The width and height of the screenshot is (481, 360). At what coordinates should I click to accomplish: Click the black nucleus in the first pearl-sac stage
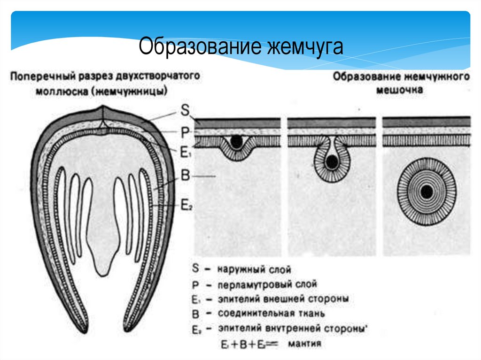tap(237, 141)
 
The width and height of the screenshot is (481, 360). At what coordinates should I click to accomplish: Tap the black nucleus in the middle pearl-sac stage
tap(332, 162)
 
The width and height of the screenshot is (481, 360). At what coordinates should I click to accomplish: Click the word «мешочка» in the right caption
tap(399, 89)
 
